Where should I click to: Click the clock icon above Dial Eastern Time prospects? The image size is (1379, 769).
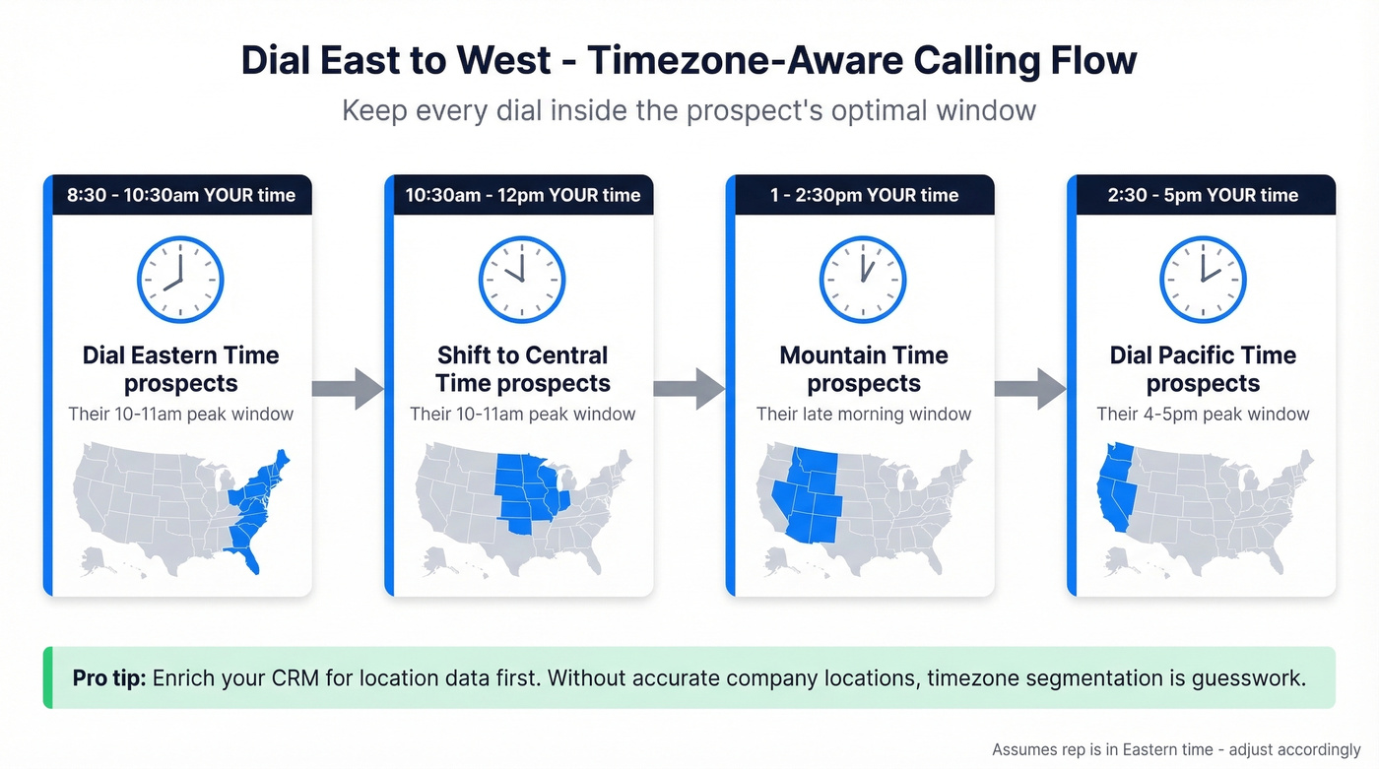pos(180,280)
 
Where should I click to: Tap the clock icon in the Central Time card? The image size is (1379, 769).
pos(522,280)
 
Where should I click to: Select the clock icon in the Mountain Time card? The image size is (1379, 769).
pos(863,280)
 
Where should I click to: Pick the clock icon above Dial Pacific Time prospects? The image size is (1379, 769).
pos(1203,280)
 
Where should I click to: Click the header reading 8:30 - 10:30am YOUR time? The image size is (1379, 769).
pos(181,195)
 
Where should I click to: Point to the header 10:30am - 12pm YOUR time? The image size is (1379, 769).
pos(523,195)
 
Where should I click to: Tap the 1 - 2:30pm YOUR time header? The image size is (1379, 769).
pos(864,195)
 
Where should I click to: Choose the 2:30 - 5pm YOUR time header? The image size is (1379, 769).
pos(1203,195)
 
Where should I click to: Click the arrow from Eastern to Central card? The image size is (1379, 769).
pos(348,388)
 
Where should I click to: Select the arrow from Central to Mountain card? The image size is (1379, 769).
pos(689,388)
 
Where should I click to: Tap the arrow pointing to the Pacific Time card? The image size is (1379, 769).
pos(1029,388)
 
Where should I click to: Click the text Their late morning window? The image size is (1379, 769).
pos(864,415)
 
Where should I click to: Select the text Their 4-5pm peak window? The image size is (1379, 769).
pos(1203,415)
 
